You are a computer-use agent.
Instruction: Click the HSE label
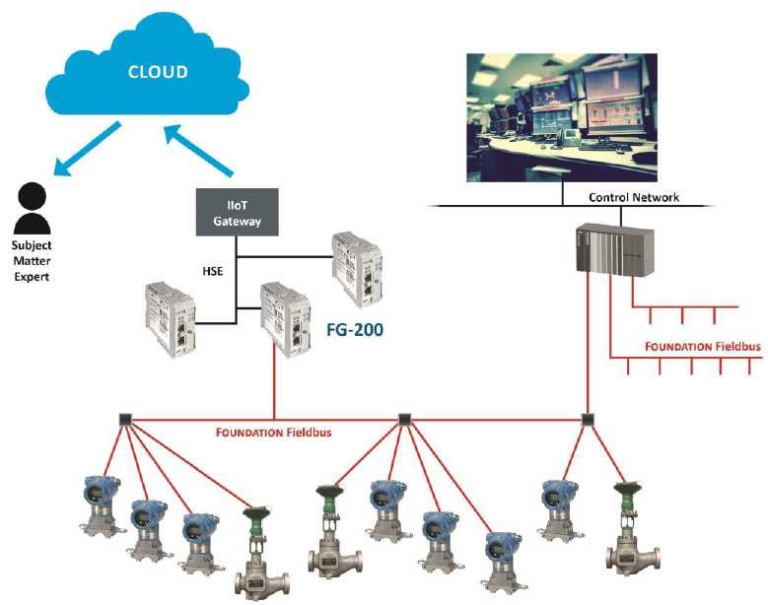click(208, 269)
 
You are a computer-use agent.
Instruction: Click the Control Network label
click(633, 197)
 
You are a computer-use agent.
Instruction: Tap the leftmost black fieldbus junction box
click(125, 419)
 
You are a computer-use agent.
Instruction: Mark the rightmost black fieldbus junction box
click(589, 419)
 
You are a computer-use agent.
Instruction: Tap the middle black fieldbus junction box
click(402, 419)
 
